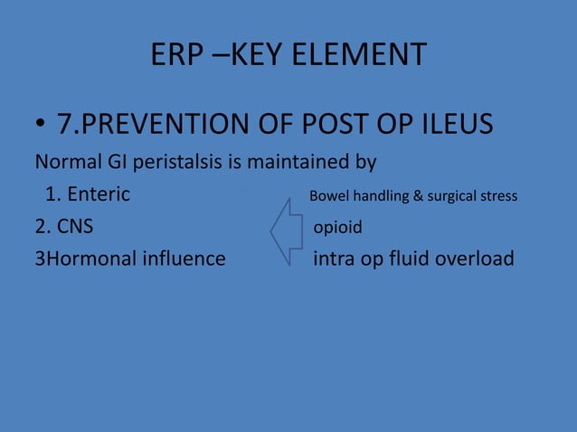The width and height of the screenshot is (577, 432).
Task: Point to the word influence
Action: (x=184, y=258)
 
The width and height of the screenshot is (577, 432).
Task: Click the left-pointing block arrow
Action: (x=286, y=233)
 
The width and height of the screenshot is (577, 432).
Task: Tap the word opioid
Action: (x=337, y=227)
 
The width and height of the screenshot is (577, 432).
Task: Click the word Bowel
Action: (x=328, y=196)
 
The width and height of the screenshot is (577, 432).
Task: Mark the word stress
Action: (x=498, y=196)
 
